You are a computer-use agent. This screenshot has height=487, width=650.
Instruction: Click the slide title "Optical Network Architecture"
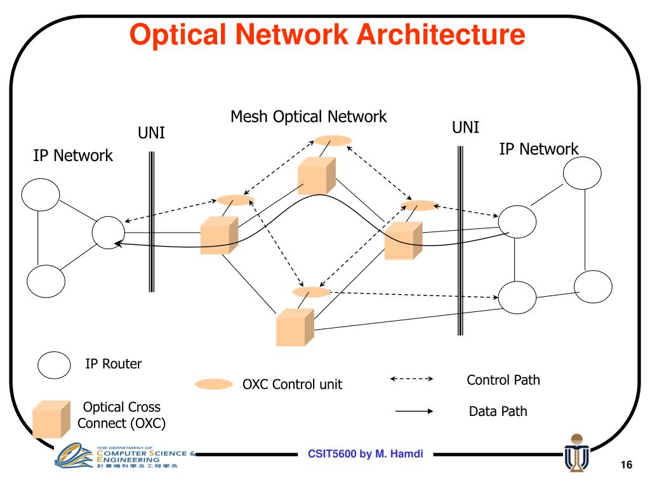[328, 36]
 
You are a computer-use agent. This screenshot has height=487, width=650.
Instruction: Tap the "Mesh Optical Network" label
[308, 117]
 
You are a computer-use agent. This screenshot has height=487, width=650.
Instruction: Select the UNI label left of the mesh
[152, 134]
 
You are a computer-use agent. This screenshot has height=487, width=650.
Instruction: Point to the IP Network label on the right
[539, 149]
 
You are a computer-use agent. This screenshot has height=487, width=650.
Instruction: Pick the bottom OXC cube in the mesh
[295, 327]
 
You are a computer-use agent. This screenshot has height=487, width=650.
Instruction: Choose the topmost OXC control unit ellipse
[333, 140]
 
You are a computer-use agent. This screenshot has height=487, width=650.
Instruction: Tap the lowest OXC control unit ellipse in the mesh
[312, 292]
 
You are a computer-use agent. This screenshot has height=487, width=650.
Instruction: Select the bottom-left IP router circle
[46, 280]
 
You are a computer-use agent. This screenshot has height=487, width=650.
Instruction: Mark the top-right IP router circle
[582, 172]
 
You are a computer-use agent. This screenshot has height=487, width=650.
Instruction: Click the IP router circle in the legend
[54, 365]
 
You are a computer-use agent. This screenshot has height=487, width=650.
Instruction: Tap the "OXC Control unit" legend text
[292, 384]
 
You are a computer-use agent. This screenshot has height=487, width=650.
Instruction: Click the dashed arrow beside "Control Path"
[411, 379]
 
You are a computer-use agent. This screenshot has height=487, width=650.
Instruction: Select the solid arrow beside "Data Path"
[414, 412]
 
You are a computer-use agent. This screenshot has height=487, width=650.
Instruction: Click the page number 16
[627, 466]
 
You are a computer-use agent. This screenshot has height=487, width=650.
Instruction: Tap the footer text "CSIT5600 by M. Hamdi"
[366, 453]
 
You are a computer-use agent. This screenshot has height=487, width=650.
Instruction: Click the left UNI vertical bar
[151, 221]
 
